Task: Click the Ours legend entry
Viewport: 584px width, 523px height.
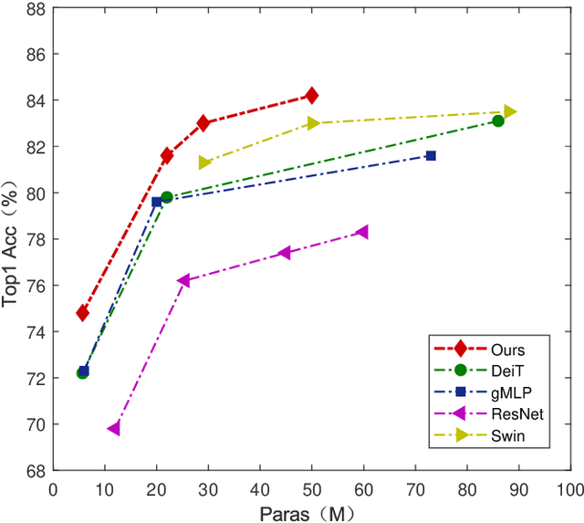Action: coord(506,348)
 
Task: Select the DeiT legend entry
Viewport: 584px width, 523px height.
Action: coord(506,370)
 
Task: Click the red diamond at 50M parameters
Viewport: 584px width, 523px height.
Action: coord(311,95)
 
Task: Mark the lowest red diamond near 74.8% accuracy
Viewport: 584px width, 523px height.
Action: coord(82,313)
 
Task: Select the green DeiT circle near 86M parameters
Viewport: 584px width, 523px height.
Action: coord(497,120)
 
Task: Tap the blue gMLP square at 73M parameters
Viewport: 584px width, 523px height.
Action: coord(431,156)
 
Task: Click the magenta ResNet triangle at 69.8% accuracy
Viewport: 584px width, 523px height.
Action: coord(114,428)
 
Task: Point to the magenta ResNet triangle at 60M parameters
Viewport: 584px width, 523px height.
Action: coord(362,232)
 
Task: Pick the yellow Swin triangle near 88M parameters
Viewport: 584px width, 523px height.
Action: coord(509,111)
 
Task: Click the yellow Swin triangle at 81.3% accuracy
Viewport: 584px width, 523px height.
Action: coord(204,162)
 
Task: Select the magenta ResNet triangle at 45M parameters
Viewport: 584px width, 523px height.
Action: coord(285,253)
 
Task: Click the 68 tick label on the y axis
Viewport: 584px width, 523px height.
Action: coord(35,471)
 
